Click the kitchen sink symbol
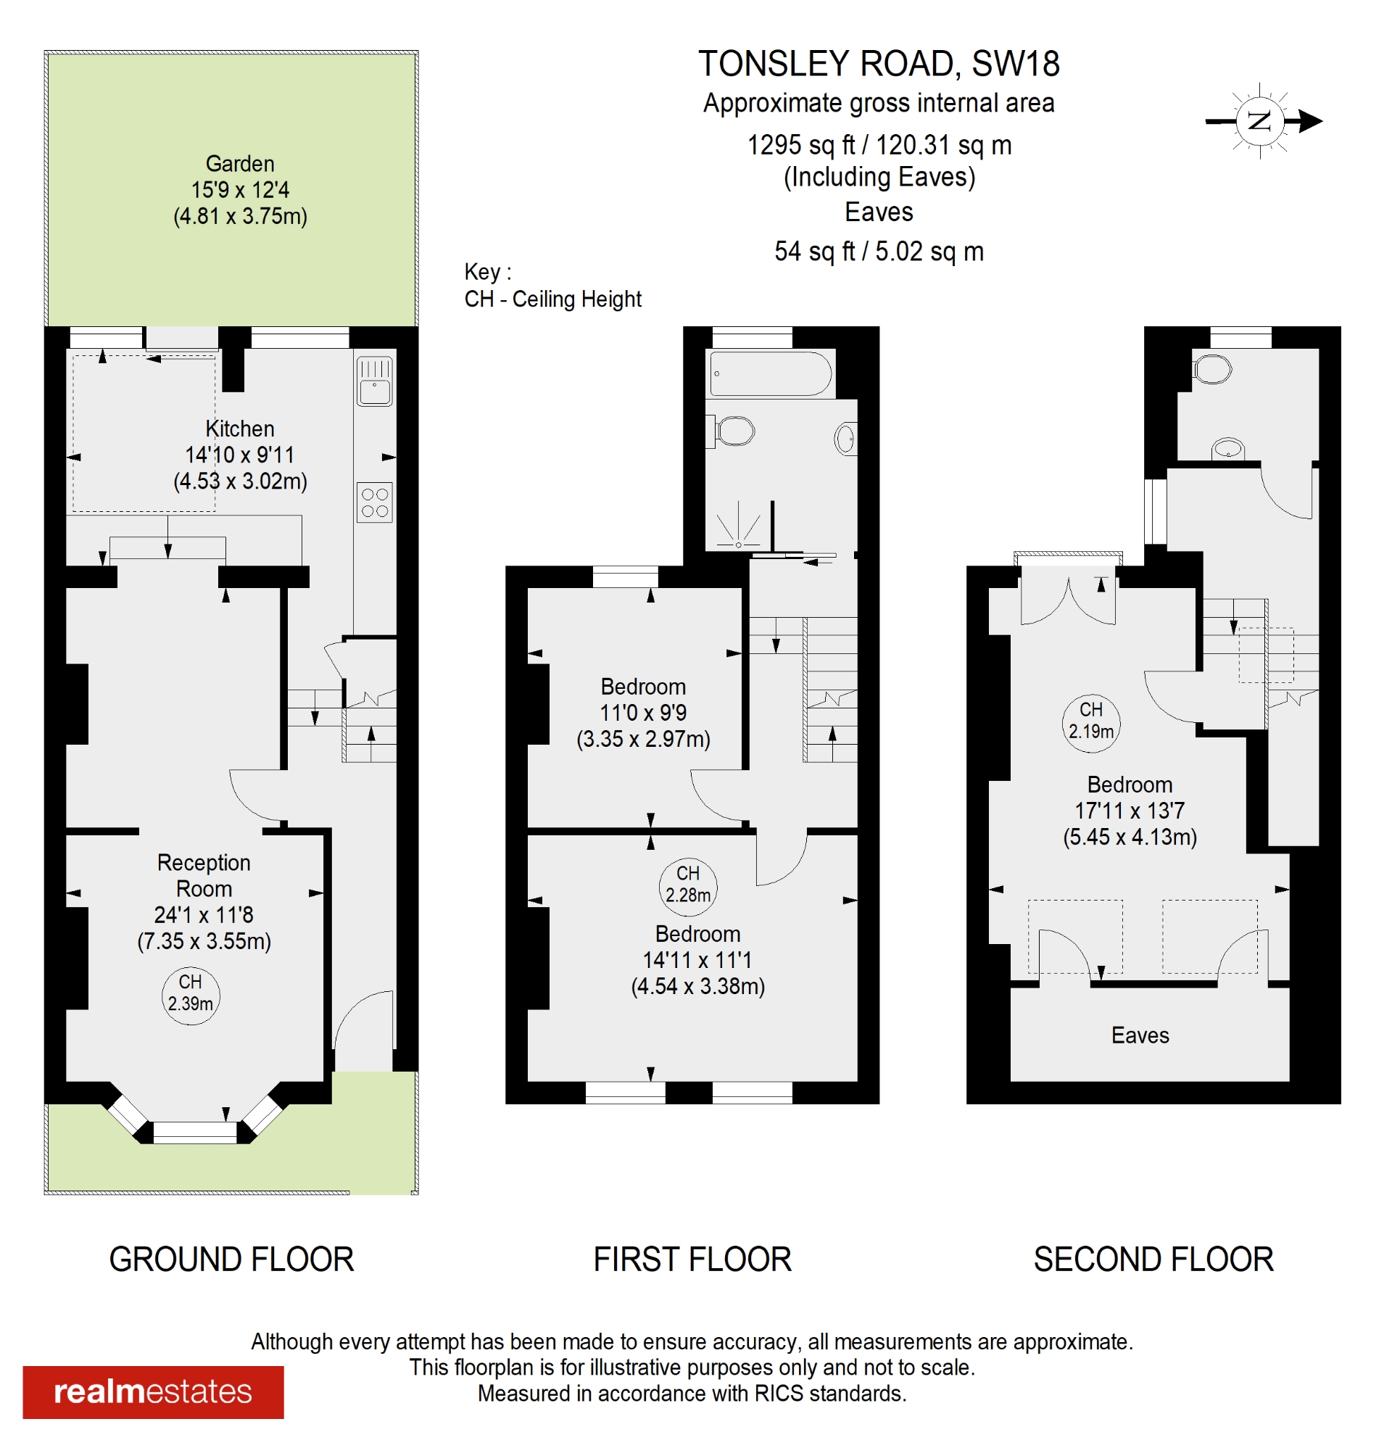click(375, 381)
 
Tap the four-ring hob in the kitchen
click(375, 502)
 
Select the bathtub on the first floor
click(771, 374)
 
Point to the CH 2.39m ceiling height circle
click(191, 994)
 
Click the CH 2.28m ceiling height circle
click(688, 885)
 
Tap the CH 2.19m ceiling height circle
click(1090, 721)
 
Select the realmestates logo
click(153, 1392)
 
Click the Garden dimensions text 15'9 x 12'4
click(240, 190)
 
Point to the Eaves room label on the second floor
click(1140, 1035)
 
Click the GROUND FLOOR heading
click(231, 1259)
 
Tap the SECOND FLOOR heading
click(1153, 1259)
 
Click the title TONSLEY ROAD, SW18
click(879, 64)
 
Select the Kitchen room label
click(240, 429)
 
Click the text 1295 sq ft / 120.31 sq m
click(879, 145)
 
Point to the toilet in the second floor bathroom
click(1212, 368)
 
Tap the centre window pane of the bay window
click(195, 1132)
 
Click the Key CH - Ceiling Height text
click(552, 286)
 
